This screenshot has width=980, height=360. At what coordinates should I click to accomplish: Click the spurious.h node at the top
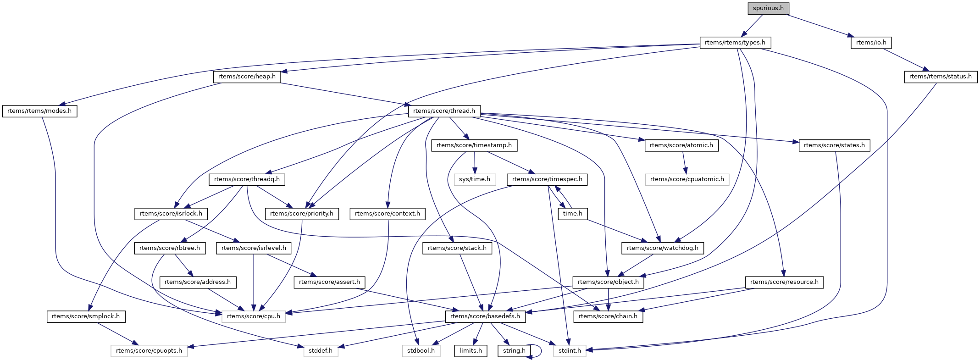point(768,8)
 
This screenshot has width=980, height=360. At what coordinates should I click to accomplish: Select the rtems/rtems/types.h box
point(735,43)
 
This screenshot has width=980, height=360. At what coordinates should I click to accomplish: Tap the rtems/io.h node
point(871,43)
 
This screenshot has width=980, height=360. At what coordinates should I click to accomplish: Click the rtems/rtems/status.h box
point(941,77)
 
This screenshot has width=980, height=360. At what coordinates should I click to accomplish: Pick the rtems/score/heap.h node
point(247,77)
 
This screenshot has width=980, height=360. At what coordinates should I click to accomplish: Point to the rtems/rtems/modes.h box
point(39,111)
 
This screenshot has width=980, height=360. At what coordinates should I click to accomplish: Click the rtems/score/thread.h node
point(444,111)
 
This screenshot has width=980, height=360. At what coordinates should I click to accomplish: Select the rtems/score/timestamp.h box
point(474,145)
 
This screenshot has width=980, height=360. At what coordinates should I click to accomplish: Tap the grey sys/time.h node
point(475,179)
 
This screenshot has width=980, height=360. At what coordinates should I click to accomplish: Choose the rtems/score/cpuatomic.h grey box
point(687,179)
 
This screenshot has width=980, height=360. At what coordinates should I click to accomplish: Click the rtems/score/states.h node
point(834,145)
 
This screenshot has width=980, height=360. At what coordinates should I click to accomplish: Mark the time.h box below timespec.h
point(573,214)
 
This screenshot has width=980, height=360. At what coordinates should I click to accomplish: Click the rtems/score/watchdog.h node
point(663,248)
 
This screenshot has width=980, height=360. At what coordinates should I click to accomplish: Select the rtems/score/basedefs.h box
point(485,316)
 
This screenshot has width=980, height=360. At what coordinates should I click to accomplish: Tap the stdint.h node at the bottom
point(570,351)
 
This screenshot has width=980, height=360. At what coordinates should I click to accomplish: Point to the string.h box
point(514,351)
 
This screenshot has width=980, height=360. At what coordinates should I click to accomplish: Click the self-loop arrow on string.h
point(541,351)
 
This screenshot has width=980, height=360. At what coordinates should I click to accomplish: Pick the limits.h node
point(471,351)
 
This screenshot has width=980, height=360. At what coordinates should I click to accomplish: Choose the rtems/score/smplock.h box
point(86,316)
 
